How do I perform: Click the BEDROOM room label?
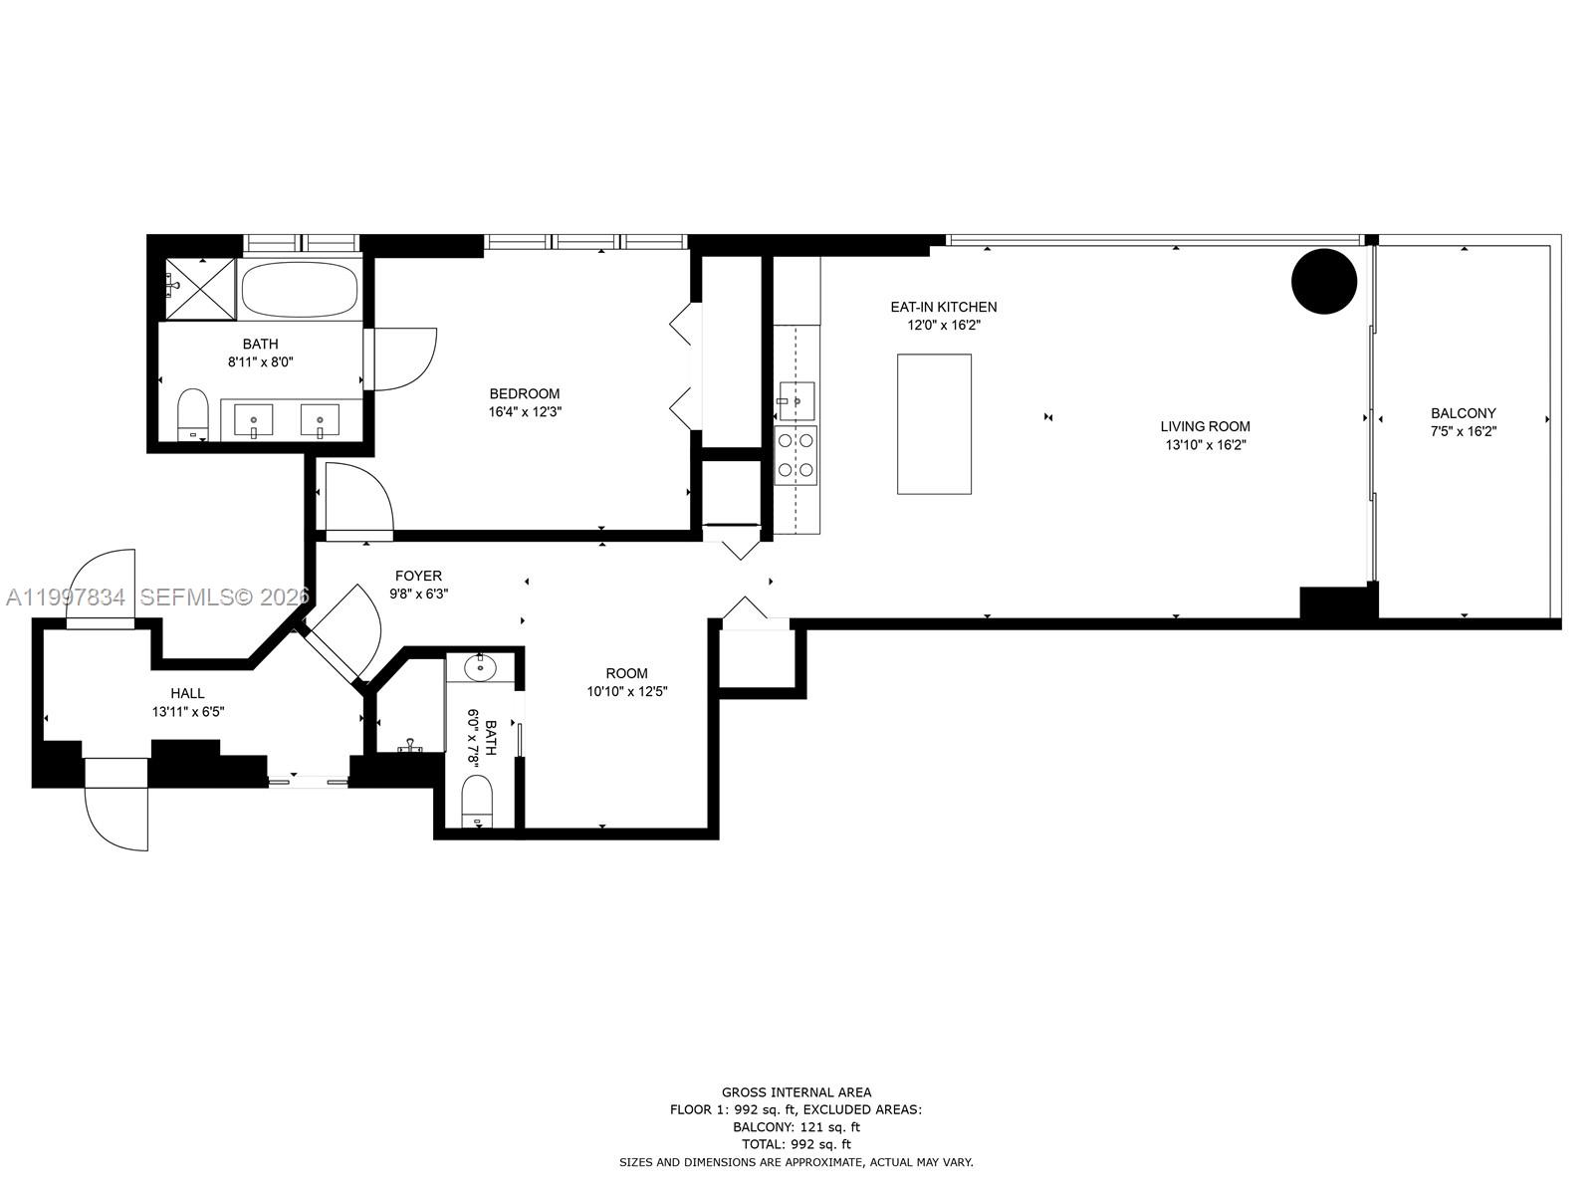click(524, 393)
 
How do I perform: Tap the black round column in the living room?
click(1324, 282)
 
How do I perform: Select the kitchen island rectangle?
click(934, 423)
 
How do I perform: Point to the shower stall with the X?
click(198, 288)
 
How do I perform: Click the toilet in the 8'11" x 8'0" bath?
click(191, 415)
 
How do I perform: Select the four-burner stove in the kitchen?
click(796, 455)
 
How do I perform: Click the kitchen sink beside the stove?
click(796, 400)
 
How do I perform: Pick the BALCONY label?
click(1463, 413)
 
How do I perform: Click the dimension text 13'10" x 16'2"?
click(1205, 445)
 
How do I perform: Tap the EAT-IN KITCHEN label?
click(943, 307)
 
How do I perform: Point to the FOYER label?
click(418, 576)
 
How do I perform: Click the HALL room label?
click(187, 693)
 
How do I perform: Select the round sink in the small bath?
click(481, 667)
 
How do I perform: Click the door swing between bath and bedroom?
click(403, 358)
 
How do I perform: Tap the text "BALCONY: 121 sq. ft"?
click(796, 1127)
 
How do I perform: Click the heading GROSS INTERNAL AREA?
click(796, 1092)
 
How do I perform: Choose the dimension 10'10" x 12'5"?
click(626, 691)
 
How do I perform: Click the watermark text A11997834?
click(66, 597)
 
